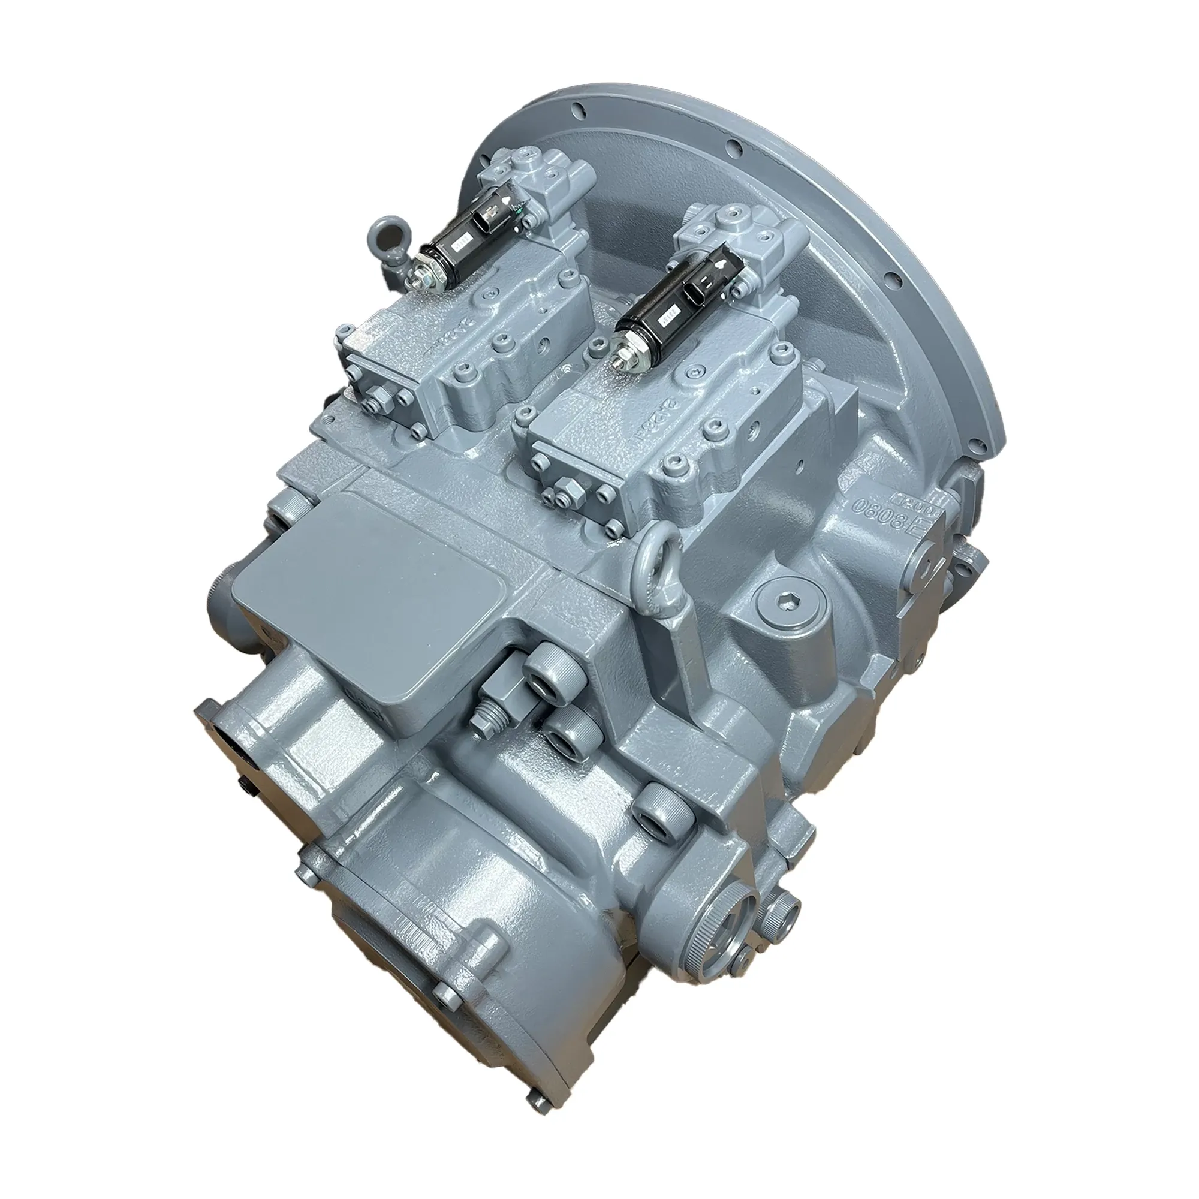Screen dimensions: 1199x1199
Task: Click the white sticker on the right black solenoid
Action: pyautogui.click(x=669, y=308)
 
